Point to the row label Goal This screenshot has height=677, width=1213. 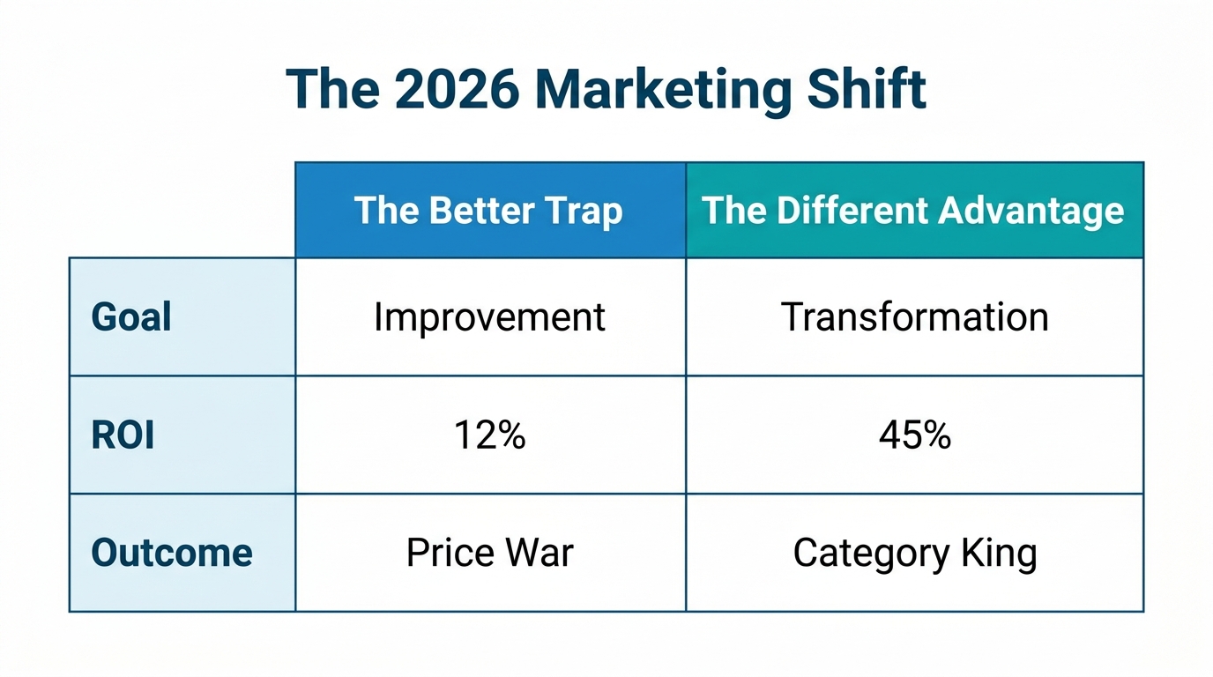pos(131,317)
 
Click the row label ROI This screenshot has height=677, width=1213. pos(123,435)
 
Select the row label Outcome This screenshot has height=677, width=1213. pos(172,553)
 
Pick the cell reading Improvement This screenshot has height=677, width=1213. pos(489,317)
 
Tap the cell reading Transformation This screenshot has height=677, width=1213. pos(914,317)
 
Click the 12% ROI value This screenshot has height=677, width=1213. pos(489,435)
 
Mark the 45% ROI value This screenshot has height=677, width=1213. pos(914,435)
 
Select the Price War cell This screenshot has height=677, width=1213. pos(489,553)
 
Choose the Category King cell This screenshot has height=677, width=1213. pos(914,553)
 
